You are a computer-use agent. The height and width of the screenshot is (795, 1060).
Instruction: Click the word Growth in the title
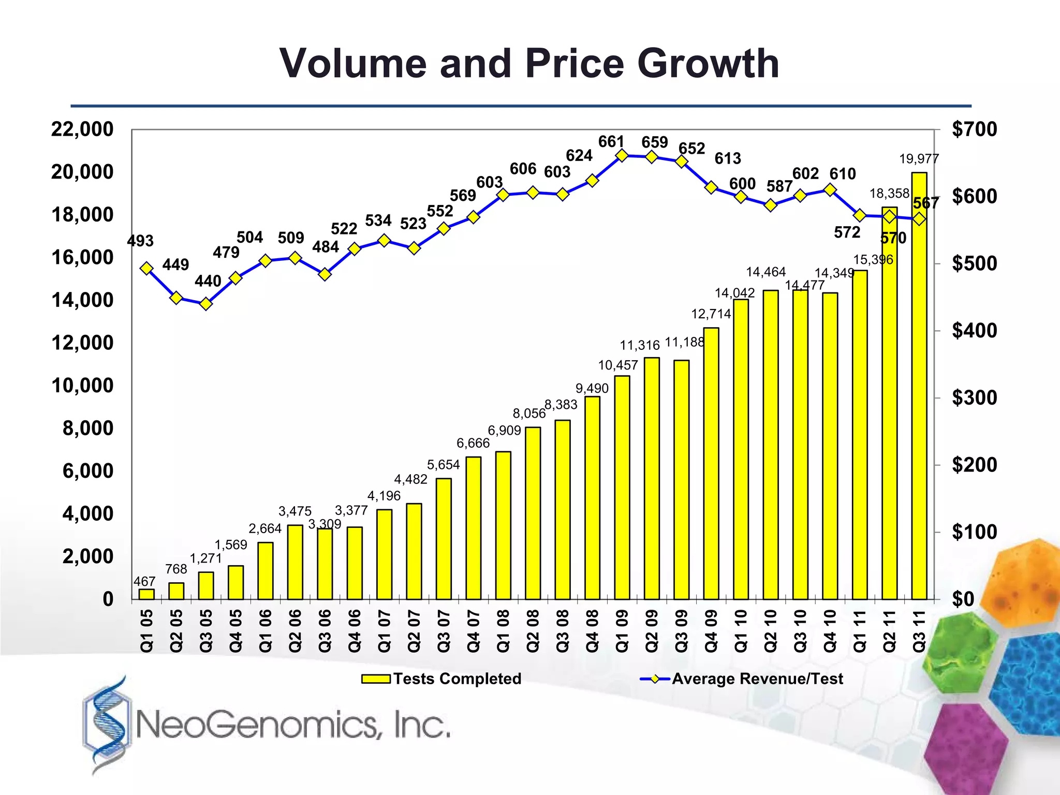708,64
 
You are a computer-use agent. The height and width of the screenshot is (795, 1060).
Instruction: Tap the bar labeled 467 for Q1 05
146,594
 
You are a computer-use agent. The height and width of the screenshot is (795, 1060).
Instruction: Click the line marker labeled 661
622,156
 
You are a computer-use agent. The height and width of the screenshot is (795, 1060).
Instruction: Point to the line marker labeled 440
206,304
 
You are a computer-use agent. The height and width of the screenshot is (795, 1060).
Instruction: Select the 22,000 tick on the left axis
82,129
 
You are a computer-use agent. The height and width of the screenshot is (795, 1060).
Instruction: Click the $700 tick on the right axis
974,129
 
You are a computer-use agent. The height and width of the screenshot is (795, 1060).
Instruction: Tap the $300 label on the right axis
974,398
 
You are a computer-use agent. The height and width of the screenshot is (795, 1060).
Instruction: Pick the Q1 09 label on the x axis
622,631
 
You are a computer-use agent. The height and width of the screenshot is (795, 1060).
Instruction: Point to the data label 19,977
919,159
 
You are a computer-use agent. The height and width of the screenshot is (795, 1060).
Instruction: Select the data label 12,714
711,314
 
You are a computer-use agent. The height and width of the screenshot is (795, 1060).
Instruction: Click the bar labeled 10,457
622,487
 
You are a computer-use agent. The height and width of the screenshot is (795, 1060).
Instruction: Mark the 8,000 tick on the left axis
87,429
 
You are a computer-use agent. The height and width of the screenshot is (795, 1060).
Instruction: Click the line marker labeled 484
325,274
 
